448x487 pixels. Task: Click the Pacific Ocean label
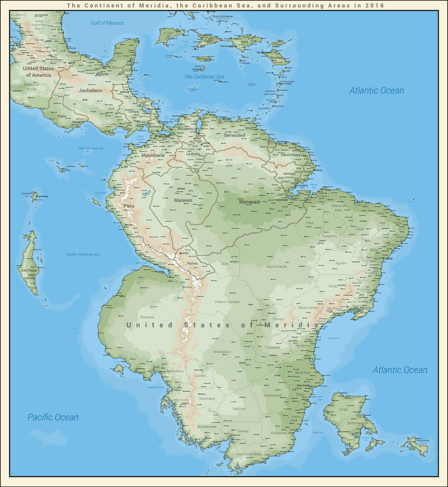(x=53, y=417)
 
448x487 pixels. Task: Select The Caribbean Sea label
(x=204, y=77)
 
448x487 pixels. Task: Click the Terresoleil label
(x=234, y=135)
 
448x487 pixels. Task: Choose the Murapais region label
(x=249, y=201)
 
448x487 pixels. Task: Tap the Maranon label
(x=183, y=200)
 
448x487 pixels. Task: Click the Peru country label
(x=129, y=206)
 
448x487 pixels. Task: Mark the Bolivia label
(x=193, y=264)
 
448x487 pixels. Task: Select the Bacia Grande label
(x=277, y=266)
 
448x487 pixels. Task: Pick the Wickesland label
(x=221, y=352)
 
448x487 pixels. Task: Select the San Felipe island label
(x=29, y=270)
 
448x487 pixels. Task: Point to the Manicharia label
(x=153, y=155)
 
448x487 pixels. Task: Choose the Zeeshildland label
(x=290, y=155)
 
